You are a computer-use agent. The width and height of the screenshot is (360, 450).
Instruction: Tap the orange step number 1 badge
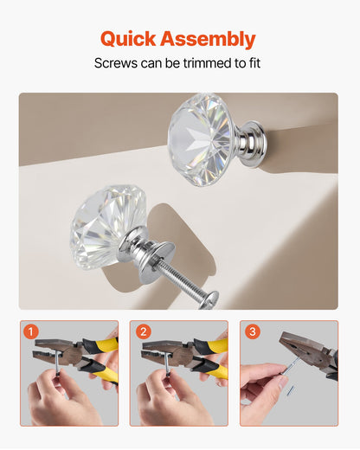pos(32,331)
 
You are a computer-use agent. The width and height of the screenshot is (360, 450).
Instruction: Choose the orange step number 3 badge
pos(252,331)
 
